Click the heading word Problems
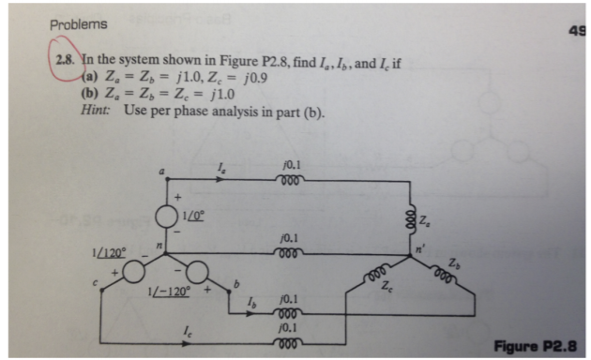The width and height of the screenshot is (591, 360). pos(78,24)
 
